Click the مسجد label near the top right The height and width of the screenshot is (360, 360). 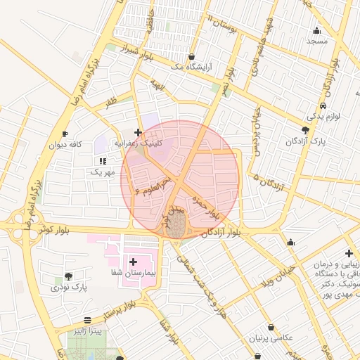click(x=317, y=41)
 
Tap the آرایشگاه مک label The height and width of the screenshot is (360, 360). click(x=193, y=68)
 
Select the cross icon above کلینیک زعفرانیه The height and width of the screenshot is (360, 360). click(x=138, y=132)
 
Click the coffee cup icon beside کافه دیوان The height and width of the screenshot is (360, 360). click(x=65, y=134)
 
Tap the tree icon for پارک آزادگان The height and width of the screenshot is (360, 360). click(x=305, y=130)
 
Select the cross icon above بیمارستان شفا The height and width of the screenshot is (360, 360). click(x=132, y=262)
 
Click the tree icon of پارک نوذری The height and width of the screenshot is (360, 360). click(x=68, y=277)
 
